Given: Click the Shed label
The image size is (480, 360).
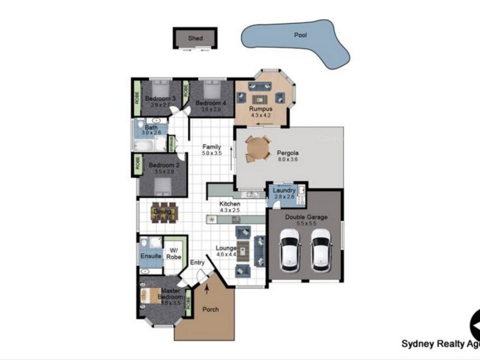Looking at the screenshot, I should pos(195,38).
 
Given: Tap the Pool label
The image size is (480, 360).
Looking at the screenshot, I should pos(300,35).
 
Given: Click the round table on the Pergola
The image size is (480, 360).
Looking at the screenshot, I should pos(259,148).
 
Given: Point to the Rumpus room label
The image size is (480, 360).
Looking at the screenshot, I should pos(261,109).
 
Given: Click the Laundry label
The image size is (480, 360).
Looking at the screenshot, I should pos(284,190).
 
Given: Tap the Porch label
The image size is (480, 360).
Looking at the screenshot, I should pos(211,310).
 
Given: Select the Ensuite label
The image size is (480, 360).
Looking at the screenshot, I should pos(151,256).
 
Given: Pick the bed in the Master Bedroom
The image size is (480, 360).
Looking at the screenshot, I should pos(149,295).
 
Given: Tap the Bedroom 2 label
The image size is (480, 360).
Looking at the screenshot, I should pos(164,165).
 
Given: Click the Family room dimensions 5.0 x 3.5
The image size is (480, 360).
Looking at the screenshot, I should pos(211,154).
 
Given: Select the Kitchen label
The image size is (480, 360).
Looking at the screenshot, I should pos(229,204).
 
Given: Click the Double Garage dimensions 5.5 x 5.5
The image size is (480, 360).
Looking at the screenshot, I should pos(305,223).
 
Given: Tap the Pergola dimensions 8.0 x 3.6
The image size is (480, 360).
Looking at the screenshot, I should pos(288,160).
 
